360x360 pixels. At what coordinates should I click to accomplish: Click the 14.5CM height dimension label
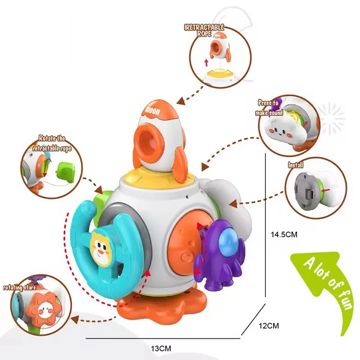[284, 234]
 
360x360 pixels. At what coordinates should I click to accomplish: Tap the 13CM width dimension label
[160, 348]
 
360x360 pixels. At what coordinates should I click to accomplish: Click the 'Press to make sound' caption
[268, 108]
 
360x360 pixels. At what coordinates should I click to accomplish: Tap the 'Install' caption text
[296, 165]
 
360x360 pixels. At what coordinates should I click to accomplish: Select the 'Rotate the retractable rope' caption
[54, 143]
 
